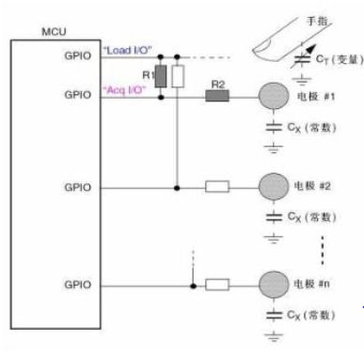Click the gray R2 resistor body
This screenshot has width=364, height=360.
point(217,95)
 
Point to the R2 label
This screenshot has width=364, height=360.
point(217,83)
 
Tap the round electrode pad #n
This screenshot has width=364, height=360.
point(272,283)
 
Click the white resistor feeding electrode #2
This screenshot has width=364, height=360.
point(217,187)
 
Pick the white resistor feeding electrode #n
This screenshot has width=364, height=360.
point(217,283)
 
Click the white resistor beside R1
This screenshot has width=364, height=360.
point(177,75)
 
